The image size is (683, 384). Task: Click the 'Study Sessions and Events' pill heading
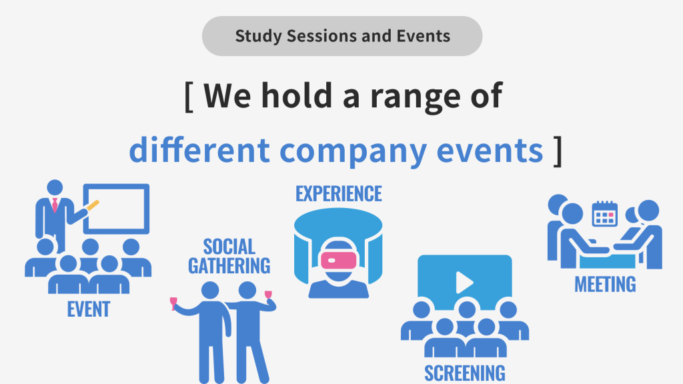[342, 36]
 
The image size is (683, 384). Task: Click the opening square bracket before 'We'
[189, 96]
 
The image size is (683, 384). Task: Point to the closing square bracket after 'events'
[558, 151]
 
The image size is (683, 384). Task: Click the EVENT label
[89, 309]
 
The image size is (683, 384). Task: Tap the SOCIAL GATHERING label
[229, 257]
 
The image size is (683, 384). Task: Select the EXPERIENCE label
[338, 194]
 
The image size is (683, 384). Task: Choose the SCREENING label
[465, 373]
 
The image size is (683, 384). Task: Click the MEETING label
[605, 284]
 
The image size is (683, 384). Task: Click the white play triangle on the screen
[464, 283]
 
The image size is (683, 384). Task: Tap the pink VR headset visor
[338, 261]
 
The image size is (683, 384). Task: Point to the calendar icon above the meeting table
[604, 214]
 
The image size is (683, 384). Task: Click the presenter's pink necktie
[55, 205]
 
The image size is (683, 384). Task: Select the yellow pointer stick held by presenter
[92, 205]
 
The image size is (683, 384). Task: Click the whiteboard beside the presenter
[116, 209]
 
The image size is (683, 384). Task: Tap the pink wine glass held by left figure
[174, 303]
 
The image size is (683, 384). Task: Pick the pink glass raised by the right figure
[268, 296]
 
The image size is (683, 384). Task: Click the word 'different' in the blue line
[199, 150]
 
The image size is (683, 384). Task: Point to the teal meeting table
[607, 261]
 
